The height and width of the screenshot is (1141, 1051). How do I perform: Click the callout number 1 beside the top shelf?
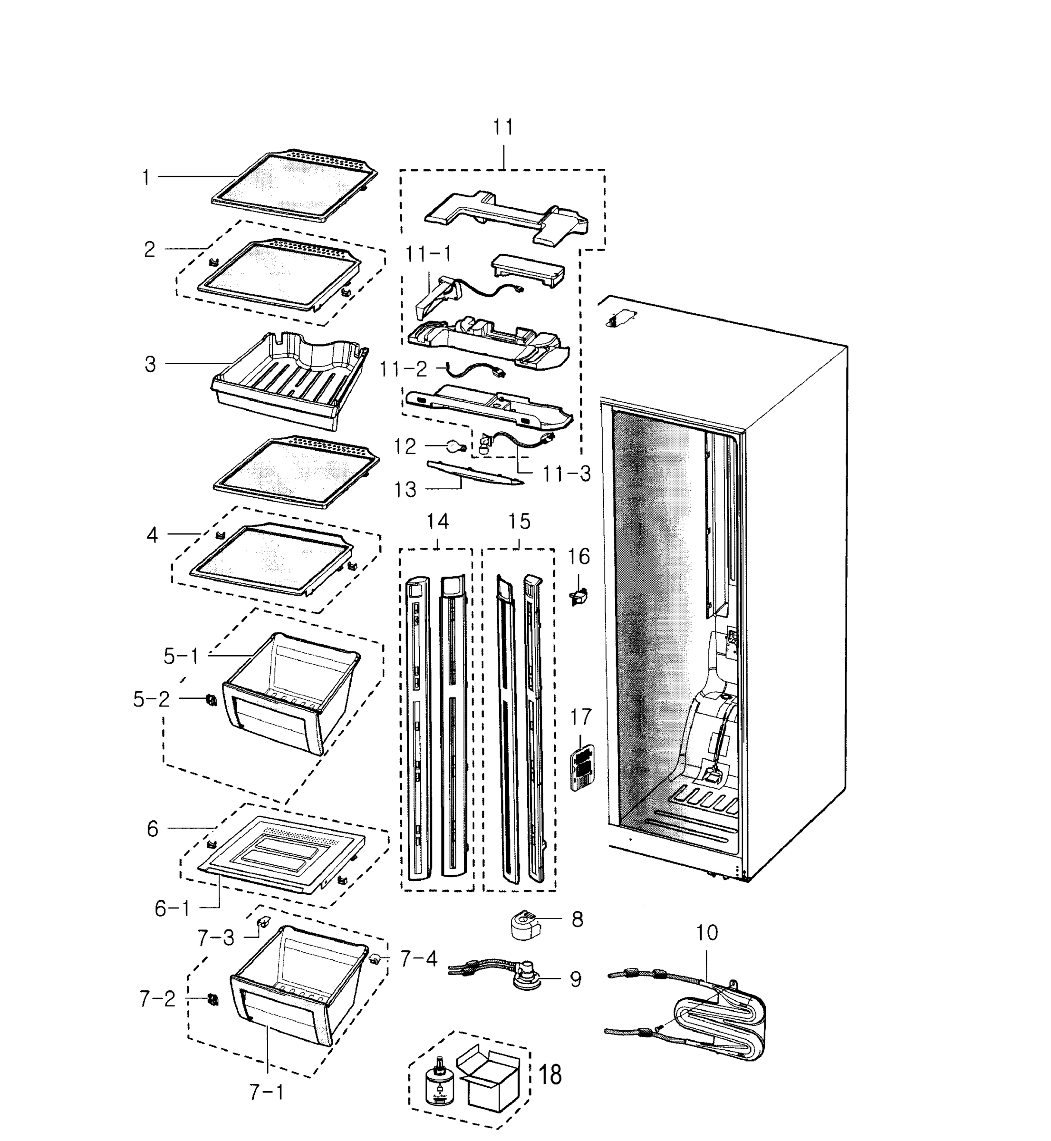coord(146,178)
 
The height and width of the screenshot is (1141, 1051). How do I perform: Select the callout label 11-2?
coord(403,370)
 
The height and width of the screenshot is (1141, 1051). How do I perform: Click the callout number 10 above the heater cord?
coord(706,933)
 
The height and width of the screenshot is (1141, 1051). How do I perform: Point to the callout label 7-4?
coord(419,959)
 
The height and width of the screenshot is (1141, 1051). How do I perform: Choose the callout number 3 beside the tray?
coord(150,365)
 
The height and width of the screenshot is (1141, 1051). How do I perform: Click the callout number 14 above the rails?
coord(437,522)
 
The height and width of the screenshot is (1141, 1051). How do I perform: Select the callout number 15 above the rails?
coord(519,522)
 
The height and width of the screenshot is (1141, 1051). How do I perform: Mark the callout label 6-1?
coord(173,909)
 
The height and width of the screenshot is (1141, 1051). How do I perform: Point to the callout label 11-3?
coord(567,474)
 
